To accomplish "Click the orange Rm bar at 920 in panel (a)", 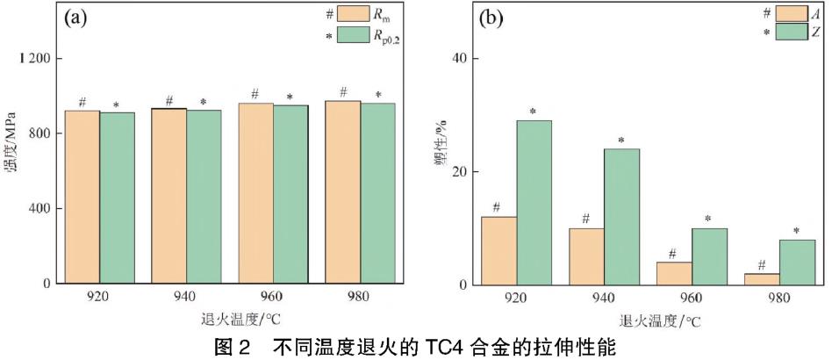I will point(82,197).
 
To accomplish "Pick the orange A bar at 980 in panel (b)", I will point(761,279).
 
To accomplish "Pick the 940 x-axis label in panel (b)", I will point(605,298).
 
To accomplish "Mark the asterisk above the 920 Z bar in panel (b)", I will point(533,112).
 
